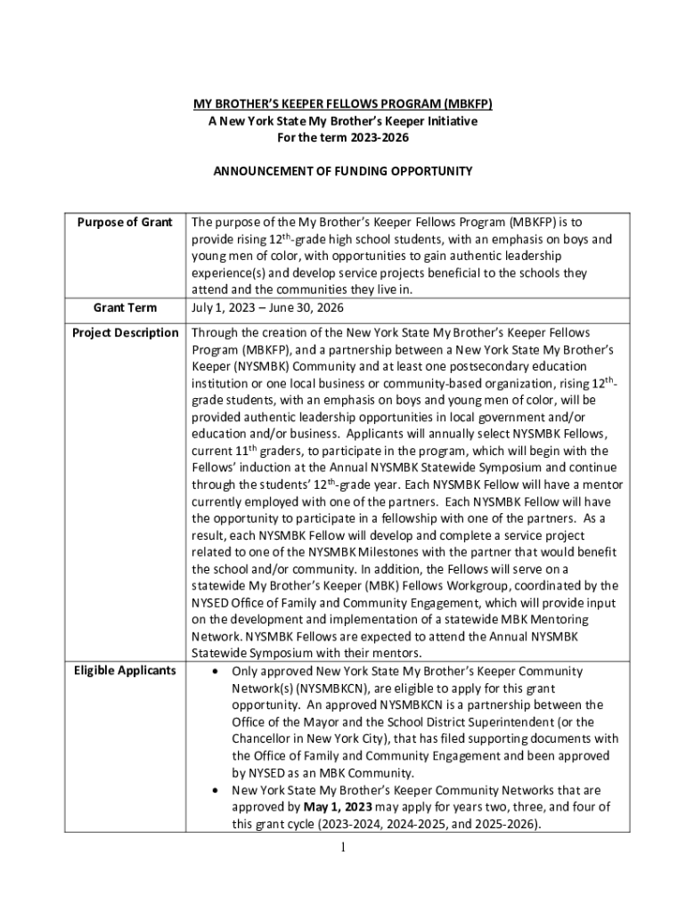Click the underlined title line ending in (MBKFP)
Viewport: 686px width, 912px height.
tap(344, 104)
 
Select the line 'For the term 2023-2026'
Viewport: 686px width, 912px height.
tap(343, 138)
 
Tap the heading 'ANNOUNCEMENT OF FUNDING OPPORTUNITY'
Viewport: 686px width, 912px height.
tap(343, 171)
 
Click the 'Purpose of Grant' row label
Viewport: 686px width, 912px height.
tap(125, 222)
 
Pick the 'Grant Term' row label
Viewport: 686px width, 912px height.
tap(125, 308)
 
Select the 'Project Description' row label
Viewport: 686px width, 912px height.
tap(125, 333)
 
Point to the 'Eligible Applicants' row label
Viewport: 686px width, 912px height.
tap(125, 671)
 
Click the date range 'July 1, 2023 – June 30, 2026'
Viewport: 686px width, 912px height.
tap(267, 308)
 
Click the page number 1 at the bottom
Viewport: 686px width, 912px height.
tap(343, 847)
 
